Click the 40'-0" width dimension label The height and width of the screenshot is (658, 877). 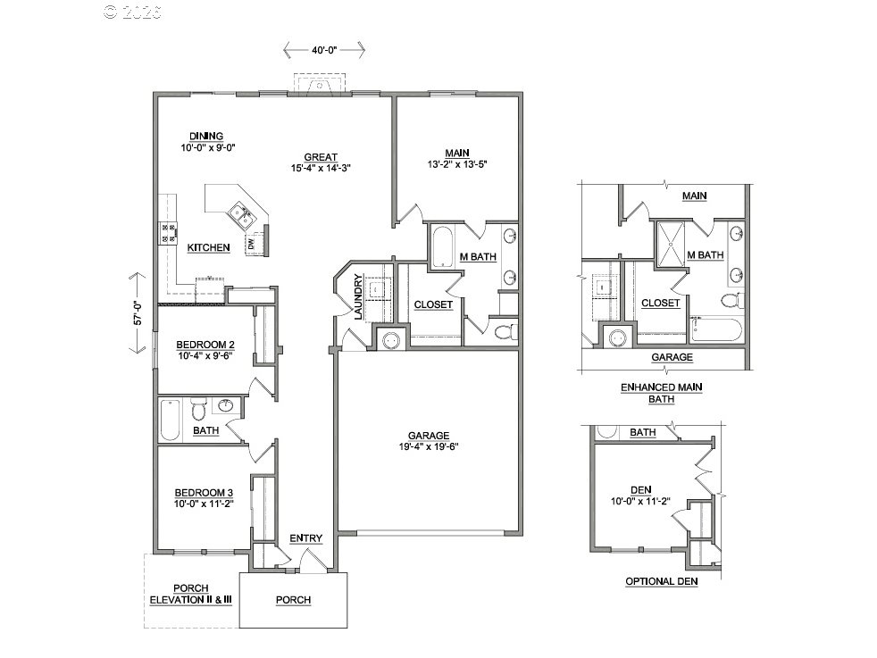point(324,50)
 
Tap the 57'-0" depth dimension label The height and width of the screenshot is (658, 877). point(138,313)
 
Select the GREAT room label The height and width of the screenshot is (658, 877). point(321,157)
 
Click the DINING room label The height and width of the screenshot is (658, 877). point(206,136)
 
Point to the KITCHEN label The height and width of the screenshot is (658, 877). point(209,247)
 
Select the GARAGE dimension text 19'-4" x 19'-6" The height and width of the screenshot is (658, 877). point(429,446)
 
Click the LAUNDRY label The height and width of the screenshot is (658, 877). point(358,296)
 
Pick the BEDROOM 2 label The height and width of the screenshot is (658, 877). point(205,345)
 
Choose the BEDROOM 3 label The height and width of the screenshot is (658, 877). point(205,493)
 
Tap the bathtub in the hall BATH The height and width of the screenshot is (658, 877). point(170,420)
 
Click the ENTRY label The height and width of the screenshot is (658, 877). point(306,538)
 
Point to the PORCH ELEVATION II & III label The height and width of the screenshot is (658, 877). point(191,595)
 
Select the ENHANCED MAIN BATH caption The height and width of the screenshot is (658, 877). point(662,393)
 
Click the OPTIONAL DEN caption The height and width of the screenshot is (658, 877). point(662,581)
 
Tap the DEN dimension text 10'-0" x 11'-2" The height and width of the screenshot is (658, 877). point(640,502)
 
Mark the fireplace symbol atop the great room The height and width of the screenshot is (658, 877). point(320,83)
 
